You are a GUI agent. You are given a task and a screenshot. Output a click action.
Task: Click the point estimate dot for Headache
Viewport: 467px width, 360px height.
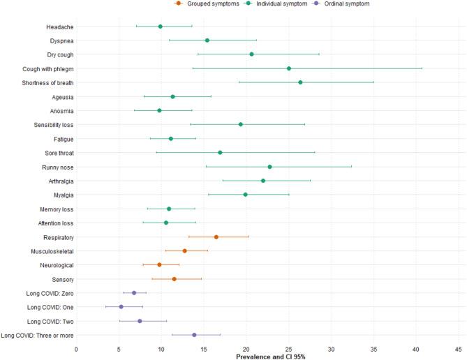[161, 27]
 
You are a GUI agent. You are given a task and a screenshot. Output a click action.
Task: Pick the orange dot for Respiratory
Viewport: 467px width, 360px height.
[216, 237]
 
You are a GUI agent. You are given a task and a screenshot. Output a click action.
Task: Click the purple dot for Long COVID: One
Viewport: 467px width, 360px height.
[121, 307]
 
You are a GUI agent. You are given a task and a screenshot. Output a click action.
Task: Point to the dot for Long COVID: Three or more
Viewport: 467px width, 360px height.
[194, 335]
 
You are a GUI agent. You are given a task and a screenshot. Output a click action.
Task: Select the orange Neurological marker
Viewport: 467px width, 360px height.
[159, 265]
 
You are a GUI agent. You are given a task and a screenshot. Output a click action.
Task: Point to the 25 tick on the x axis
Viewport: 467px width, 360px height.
[288, 348]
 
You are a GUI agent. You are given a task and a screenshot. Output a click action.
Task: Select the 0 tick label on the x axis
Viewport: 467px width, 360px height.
[76, 348]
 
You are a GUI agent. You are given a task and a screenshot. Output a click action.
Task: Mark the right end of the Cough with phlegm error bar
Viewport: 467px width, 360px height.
[422, 68]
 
